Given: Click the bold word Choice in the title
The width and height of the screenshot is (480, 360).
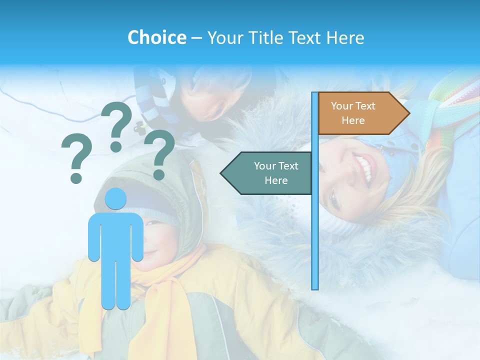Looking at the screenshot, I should click(156, 37).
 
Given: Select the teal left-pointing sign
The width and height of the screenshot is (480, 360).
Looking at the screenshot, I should click(267, 173).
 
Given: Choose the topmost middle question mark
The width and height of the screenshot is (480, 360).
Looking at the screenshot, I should click(116, 126).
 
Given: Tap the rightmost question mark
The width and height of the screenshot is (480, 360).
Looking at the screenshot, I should click(159, 154).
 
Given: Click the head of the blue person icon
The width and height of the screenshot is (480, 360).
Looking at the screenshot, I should click(116, 198).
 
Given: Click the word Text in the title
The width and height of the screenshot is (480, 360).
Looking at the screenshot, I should click(304, 37).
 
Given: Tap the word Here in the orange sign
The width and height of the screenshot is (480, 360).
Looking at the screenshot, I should click(353, 120).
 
